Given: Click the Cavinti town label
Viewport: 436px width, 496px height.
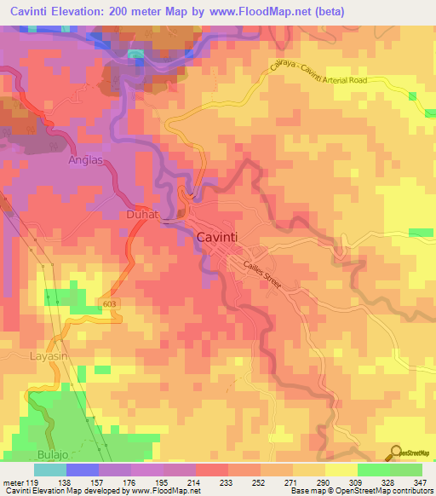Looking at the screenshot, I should [223, 239].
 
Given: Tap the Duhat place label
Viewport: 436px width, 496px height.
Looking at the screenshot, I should [143, 216].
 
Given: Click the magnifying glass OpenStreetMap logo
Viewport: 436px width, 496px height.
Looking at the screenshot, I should [396, 453].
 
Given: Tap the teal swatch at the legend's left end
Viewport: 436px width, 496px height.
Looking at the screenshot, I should [49, 470].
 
